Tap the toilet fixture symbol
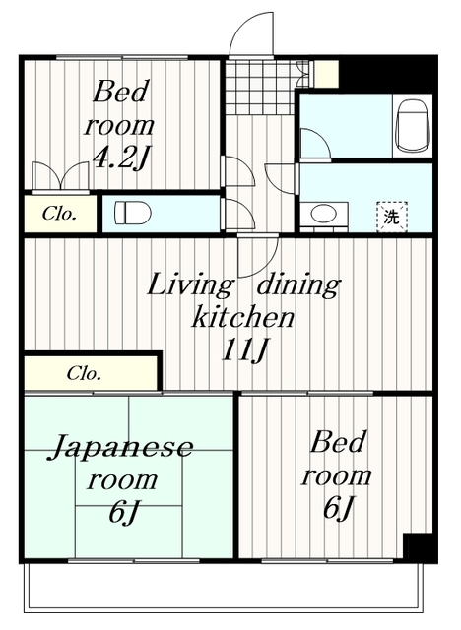129,213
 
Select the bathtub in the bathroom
408,126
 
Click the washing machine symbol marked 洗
391,216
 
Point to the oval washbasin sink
322,213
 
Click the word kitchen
241,318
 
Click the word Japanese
121,449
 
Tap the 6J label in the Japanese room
123,512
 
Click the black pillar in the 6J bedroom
418,547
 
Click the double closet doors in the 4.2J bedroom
59,178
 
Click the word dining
296,286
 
